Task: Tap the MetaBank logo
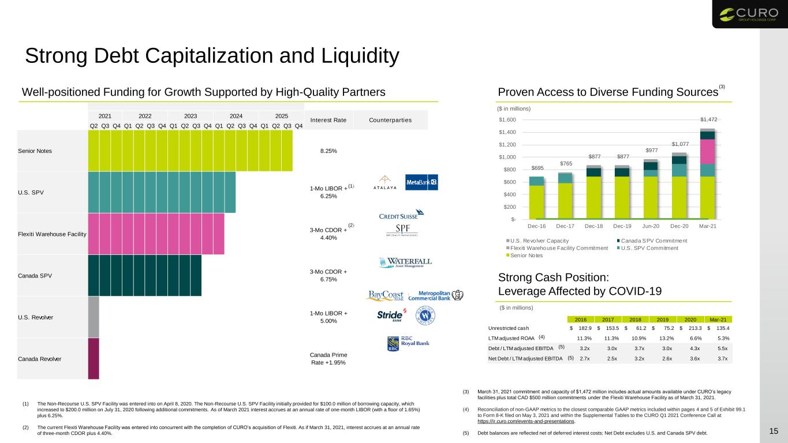(421, 182)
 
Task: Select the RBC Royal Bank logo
(408, 343)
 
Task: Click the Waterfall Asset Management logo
(406, 262)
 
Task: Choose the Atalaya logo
(385, 182)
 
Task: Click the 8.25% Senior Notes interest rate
(328, 151)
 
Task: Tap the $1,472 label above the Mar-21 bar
(708, 119)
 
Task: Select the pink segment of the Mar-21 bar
(707, 152)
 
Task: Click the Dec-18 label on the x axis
(593, 226)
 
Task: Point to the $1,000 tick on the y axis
(507, 157)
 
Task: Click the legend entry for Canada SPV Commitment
(652, 241)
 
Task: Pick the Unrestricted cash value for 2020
(692, 328)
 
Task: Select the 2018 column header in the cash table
(635, 320)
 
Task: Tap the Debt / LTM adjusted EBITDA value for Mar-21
(722, 348)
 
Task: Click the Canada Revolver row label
(39, 359)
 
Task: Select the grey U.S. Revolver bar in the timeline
(94, 317)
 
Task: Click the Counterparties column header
(390, 120)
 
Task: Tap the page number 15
(774, 431)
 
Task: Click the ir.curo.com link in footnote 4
(525, 421)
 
